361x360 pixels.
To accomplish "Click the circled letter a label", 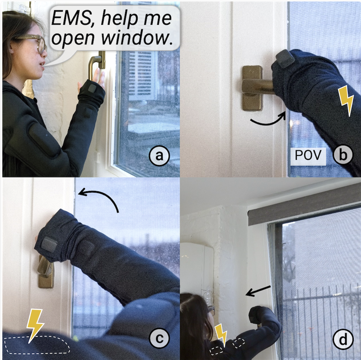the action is point(159,156).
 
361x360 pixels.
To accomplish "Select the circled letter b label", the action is point(343,155).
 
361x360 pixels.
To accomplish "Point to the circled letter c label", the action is point(159,338).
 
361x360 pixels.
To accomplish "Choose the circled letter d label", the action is point(343,339).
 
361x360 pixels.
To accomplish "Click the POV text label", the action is point(308,155).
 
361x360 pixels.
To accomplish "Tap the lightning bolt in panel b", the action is point(346,101).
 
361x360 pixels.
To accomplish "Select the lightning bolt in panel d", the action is point(221,335).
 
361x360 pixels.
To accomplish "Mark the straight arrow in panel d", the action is point(258,291).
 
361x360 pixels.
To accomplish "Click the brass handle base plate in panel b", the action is point(252,88).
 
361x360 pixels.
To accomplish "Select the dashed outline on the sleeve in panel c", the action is point(37,345).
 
